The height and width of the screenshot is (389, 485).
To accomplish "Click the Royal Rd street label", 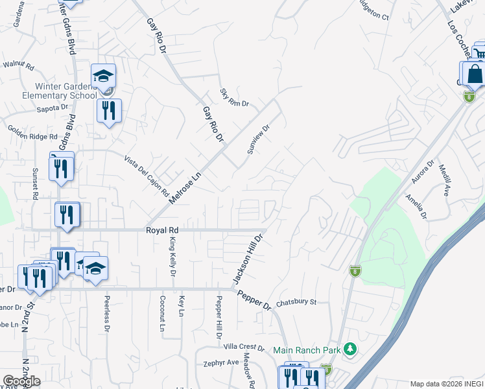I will pyautogui.click(x=161, y=230).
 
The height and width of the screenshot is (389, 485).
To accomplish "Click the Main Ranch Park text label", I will pyautogui.click(x=307, y=350).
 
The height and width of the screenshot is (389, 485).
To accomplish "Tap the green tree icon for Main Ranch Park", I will pyautogui.click(x=350, y=349).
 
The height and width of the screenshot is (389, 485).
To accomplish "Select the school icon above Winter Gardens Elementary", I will pyautogui.click(x=103, y=77).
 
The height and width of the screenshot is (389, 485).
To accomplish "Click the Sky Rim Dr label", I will pyautogui.click(x=234, y=98).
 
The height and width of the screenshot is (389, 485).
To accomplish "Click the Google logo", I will pyautogui.click(x=21, y=381).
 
